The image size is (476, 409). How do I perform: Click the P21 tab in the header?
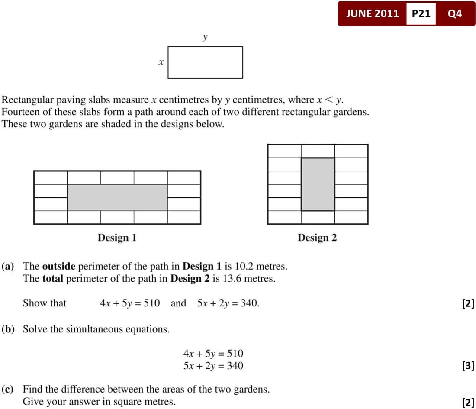[421, 13]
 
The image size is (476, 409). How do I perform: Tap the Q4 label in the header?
[455, 13]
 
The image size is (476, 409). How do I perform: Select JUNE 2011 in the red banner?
[372, 13]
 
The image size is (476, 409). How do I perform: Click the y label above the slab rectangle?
[205, 37]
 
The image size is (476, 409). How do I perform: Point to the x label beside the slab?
[161, 63]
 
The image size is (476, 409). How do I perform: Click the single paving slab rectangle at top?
[205, 62]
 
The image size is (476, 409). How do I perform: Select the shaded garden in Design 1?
[117, 197]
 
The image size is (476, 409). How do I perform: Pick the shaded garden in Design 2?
[318, 184]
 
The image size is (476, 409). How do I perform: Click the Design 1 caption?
[117, 238]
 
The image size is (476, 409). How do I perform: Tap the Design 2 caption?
[317, 238]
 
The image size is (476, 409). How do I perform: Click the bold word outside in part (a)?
[59, 266]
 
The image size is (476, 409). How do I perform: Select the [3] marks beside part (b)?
[468, 366]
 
